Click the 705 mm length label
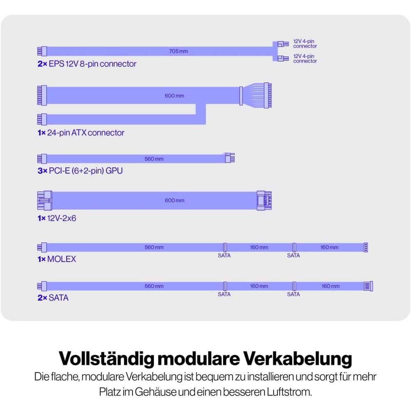178,51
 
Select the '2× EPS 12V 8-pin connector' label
87,64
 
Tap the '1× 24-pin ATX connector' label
81,133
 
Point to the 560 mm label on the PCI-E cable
154,159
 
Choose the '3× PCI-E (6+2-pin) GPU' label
80,170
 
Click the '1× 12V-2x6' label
57,218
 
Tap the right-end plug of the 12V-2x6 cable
264,201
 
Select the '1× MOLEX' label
57,259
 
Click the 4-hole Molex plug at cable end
366,247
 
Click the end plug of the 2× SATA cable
368,286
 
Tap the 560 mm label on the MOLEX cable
154,247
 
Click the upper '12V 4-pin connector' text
305,44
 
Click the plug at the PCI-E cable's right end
229,158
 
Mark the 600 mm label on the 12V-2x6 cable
175,201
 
